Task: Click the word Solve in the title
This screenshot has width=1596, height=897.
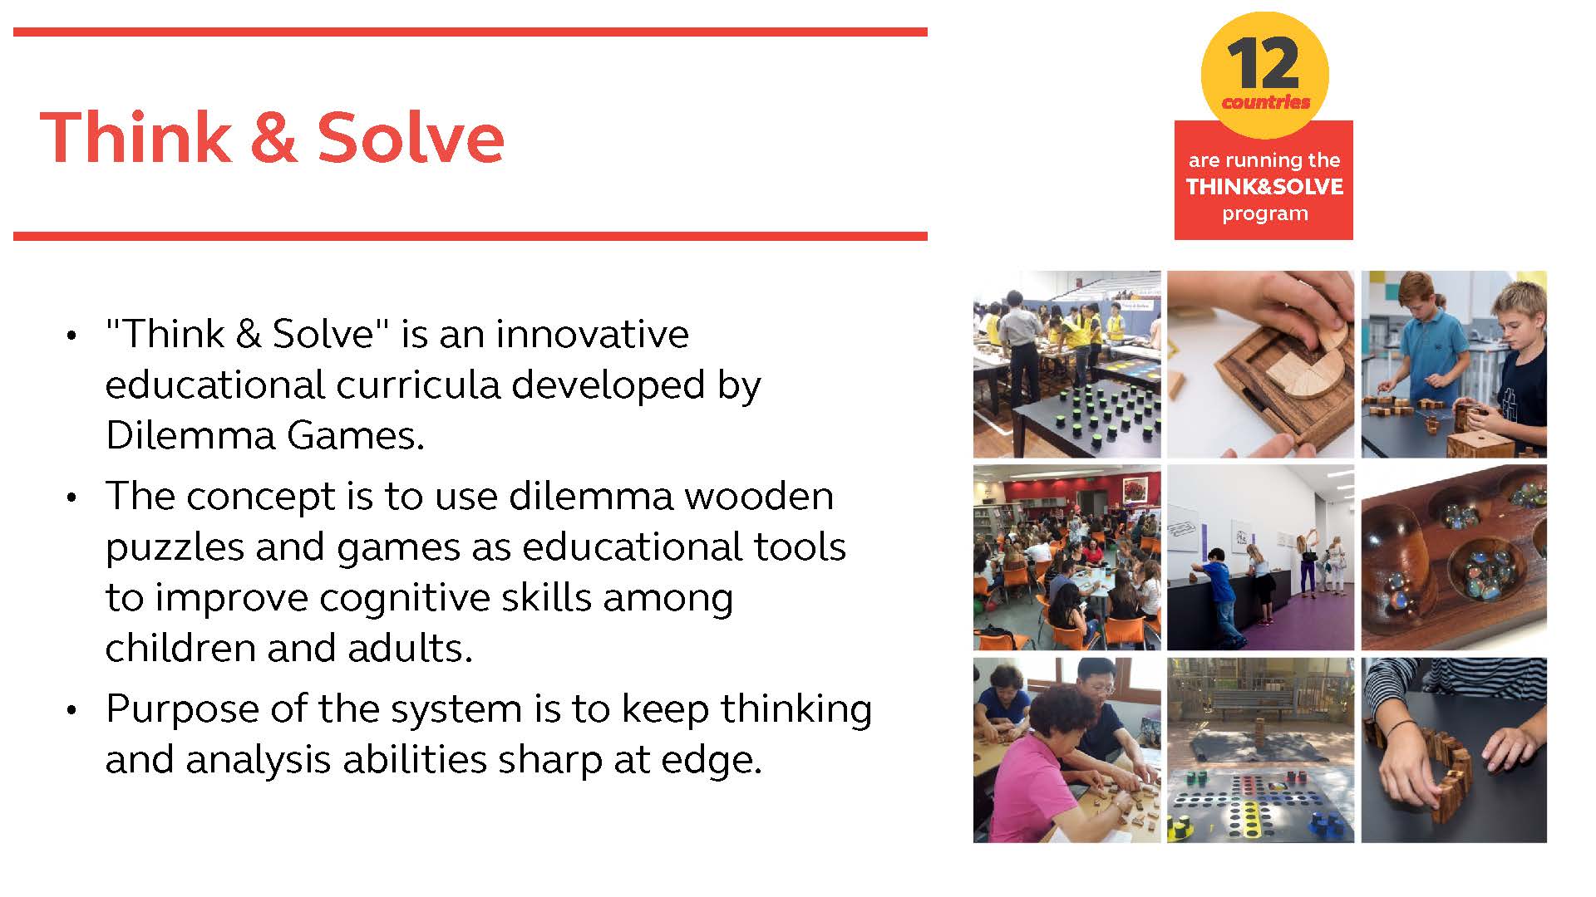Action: click(x=411, y=137)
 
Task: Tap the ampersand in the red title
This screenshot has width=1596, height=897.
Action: click(x=273, y=137)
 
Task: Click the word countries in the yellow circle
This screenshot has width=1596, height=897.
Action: click(x=1265, y=102)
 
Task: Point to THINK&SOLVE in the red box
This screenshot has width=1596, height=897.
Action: click(x=1264, y=186)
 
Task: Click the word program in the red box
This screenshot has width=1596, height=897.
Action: click(x=1264, y=214)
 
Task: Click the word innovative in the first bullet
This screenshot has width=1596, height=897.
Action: click(x=593, y=334)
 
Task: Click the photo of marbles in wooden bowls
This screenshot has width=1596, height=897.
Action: click(x=1454, y=557)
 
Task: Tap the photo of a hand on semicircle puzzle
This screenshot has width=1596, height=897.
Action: click(x=1260, y=364)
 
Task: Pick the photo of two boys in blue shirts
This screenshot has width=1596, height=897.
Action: click(x=1454, y=364)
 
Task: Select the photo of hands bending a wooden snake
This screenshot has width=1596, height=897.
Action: click(x=1454, y=750)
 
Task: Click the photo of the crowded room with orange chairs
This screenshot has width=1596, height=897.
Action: click(x=1066, y=557)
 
